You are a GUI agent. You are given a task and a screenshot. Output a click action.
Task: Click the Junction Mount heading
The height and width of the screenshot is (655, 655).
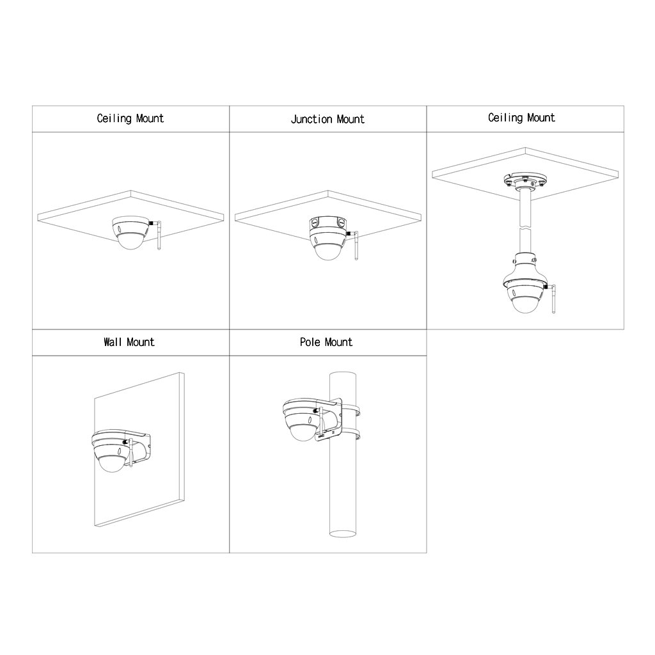tap(327, 120)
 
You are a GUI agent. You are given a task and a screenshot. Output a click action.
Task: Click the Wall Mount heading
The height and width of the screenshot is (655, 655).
tap(129, 343)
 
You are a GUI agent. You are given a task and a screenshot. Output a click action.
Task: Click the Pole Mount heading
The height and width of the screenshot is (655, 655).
tap(326, 343)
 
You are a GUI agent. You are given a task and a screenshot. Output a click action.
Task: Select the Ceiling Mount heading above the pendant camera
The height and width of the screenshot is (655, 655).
tap(522, 118)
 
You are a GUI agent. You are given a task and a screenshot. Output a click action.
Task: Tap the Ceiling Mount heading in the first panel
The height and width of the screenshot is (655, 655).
tap(130, 118)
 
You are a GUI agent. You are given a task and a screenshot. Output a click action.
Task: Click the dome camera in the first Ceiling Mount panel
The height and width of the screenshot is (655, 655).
tap(130, 233)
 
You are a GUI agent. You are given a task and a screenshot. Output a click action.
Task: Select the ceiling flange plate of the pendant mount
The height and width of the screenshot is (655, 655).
tap(525, 181)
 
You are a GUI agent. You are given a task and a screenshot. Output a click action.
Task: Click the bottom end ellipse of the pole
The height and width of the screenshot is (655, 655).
tap(343, 533)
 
